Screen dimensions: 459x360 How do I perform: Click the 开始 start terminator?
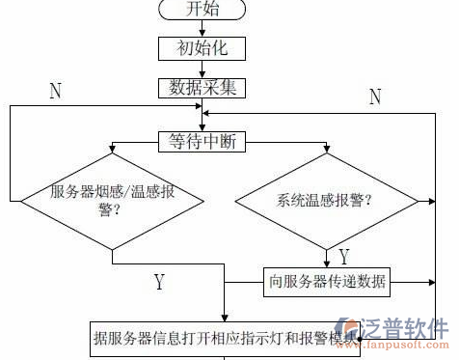pyautogui.click(x=202, y=10)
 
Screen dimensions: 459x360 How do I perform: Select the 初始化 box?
pyautogui.click(x=202, y=47)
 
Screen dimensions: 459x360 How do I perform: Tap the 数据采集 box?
pyautogui.click(x=202, y=87)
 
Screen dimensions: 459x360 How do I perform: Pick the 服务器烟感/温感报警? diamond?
pyautogui.click(x=112, y=201)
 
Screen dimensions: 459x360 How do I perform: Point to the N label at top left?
pyautogui.click(x=56, y=92)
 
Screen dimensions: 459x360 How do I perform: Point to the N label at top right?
pyautogui.click(x=374, y=96)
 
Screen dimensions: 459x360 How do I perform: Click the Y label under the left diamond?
pyautogui.click(x=159, y=282)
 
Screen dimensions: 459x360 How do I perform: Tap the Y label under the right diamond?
pyautogui.click(x=343, y=257)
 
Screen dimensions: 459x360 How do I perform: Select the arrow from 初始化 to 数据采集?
pyautogui.click(x=202, y=67)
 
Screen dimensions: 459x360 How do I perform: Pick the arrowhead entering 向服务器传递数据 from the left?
pyautogui.click(x=260, y=282)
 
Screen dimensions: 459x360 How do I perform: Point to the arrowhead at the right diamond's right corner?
pyautogui.click(x=418, y=201)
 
